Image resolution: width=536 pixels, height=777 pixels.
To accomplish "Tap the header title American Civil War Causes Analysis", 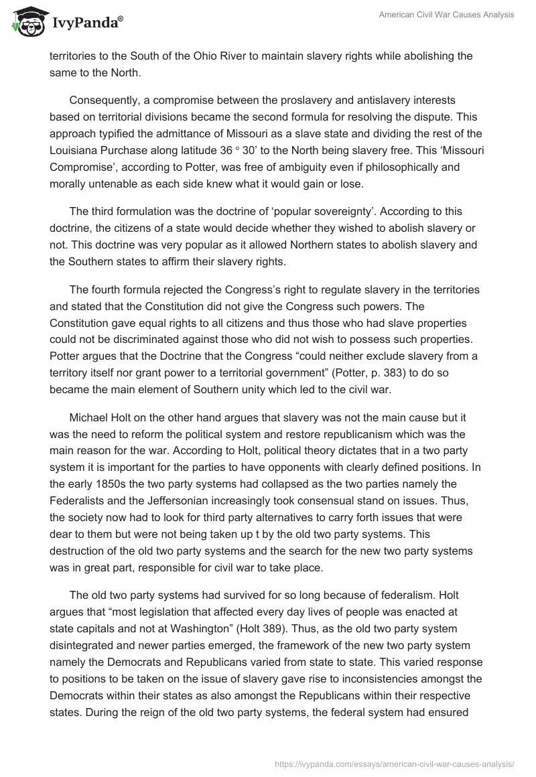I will tap(448, 15).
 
